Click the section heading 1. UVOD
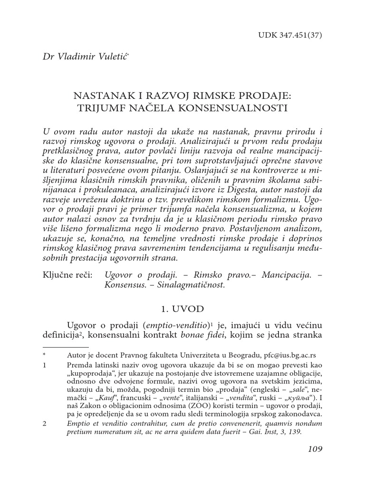[182, 309]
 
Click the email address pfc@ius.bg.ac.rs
[290, 355]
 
